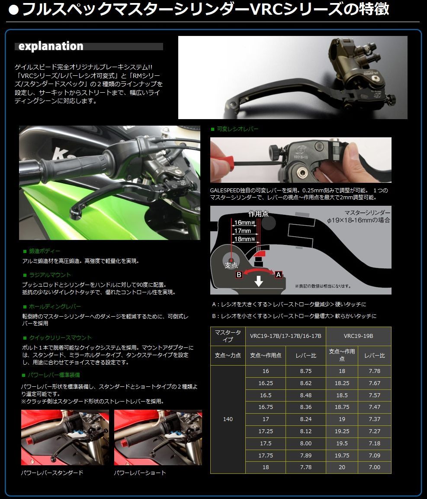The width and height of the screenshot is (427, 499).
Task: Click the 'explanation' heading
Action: pyautogui.click(x=51, y=46)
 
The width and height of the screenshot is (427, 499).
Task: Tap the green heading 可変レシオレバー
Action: pyautogui.click(x=237, y=129)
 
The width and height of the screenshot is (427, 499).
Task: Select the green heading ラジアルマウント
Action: pyautogui.click(x=50, y=275)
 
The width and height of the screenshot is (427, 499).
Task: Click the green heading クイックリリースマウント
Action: pyautogui.click(x=60, y=337)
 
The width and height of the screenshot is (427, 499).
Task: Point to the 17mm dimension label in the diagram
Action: pyautogui.click(x=242, y=231)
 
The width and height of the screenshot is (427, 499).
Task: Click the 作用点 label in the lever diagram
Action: pyautogui.click(x=258, y=214)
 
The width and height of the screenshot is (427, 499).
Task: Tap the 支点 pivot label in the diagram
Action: pyautogui.click(x=231, y=265)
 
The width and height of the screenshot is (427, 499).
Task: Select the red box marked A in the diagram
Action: pyautogui.click(x=279, y=274)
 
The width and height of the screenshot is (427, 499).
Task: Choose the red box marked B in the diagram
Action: pyautogui.click(x=238, y=274)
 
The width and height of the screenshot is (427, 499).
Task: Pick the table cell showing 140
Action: pyautogui.click(x=228, y=419)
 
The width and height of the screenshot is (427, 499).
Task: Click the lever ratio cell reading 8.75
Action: pyautogui.click(x=305, y=371)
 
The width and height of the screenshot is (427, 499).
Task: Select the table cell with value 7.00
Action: pyautogui.click(x=374, y=467)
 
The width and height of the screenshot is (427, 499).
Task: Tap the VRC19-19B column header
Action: pyautogui.click(x=358, y=336)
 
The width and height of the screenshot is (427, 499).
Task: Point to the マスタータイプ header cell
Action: pyautogui.click(x=228, y=336)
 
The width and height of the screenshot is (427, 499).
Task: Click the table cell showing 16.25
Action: pyautogui.click(x=265, y=383)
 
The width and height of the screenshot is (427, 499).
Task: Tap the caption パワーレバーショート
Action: pyautogui.click(x=140, y=473)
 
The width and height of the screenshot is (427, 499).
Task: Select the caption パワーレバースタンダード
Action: pyautogui.click(x=52, y=473)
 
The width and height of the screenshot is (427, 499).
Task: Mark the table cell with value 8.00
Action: pyautogui.click(x=305, y=443)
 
